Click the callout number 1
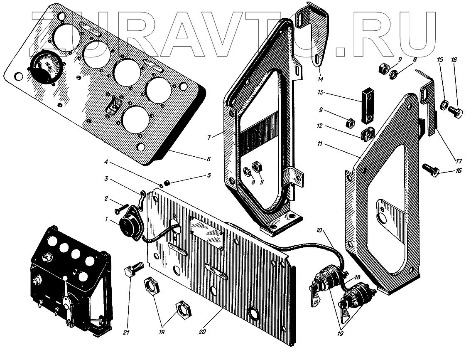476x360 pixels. pos(106,219)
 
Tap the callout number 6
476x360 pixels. pos(208,159)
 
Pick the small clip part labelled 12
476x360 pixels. pos(366,134)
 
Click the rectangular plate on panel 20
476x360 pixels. pos(207,233)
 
